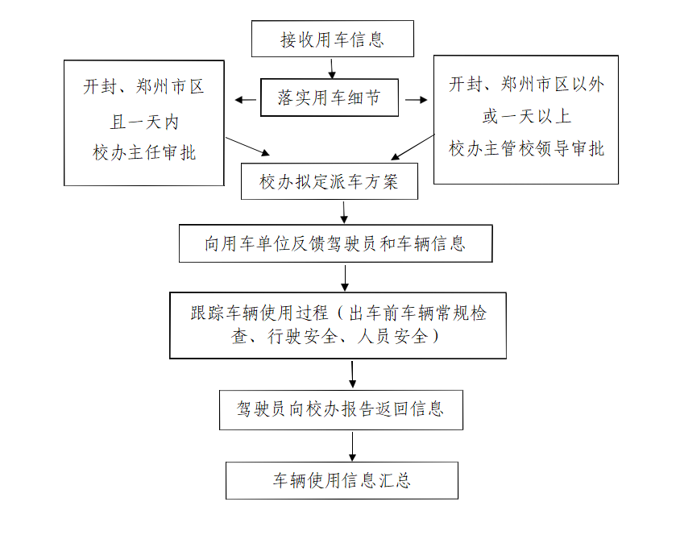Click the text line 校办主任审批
tap(144, 152)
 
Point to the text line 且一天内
tap(144, 122)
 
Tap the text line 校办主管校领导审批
tap(526, 148)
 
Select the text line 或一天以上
tap(526, 116)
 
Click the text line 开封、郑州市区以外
tap(526, 84)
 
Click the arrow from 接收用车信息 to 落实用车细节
tap(332, 68)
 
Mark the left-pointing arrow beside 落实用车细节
tap(246, 100)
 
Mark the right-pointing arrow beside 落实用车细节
tap(417, 100)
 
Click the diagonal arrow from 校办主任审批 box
tap(247, 147)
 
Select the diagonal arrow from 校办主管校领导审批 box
tap(413, 147)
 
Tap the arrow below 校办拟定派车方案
tap(344, 212)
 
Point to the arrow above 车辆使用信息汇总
tap(352, 446)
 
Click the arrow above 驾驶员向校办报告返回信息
tap(352, 375)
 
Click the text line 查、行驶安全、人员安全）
tap(335, 337)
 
